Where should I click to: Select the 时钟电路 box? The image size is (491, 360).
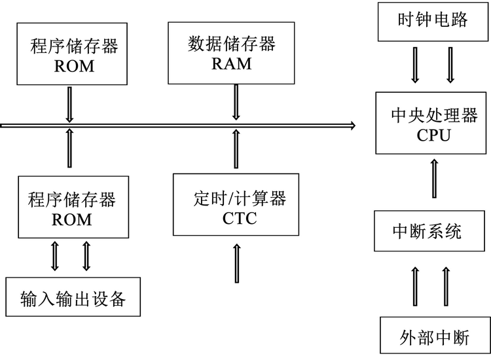click(433, 20)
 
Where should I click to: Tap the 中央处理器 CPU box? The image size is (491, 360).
click(433, 123)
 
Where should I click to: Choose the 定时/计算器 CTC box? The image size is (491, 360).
click(236, 204)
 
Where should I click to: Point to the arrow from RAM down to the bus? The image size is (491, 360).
click(236, 102)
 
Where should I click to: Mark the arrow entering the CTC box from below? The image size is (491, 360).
click(235, 262)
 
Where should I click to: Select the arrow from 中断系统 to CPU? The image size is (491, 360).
click(433, 177)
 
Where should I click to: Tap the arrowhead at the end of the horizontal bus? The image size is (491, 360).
click(352, 125)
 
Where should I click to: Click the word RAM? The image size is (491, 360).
click(231, 64)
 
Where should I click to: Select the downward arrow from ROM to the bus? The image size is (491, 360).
click(68, 105)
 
